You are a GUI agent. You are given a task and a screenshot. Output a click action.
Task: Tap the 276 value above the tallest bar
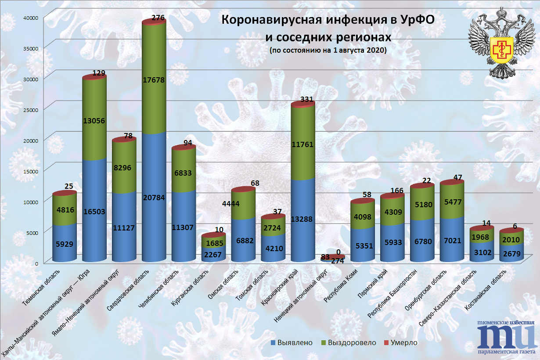pyautogui.click(x=158, y=18)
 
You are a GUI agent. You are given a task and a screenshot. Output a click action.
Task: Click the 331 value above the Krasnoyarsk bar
pyautogui.click(x=307, y=99)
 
